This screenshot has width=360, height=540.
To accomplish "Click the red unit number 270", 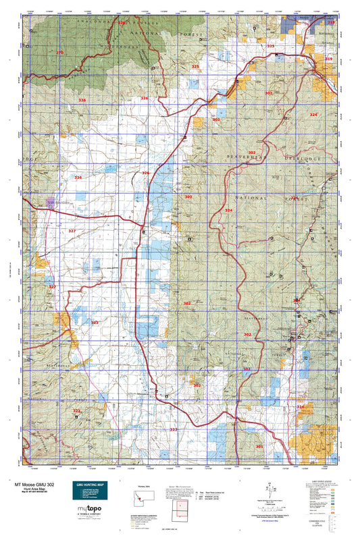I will (x=59, y=53).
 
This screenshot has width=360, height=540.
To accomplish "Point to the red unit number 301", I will (x=259, y=447).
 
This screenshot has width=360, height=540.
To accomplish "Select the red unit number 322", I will (x=77, y=410).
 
